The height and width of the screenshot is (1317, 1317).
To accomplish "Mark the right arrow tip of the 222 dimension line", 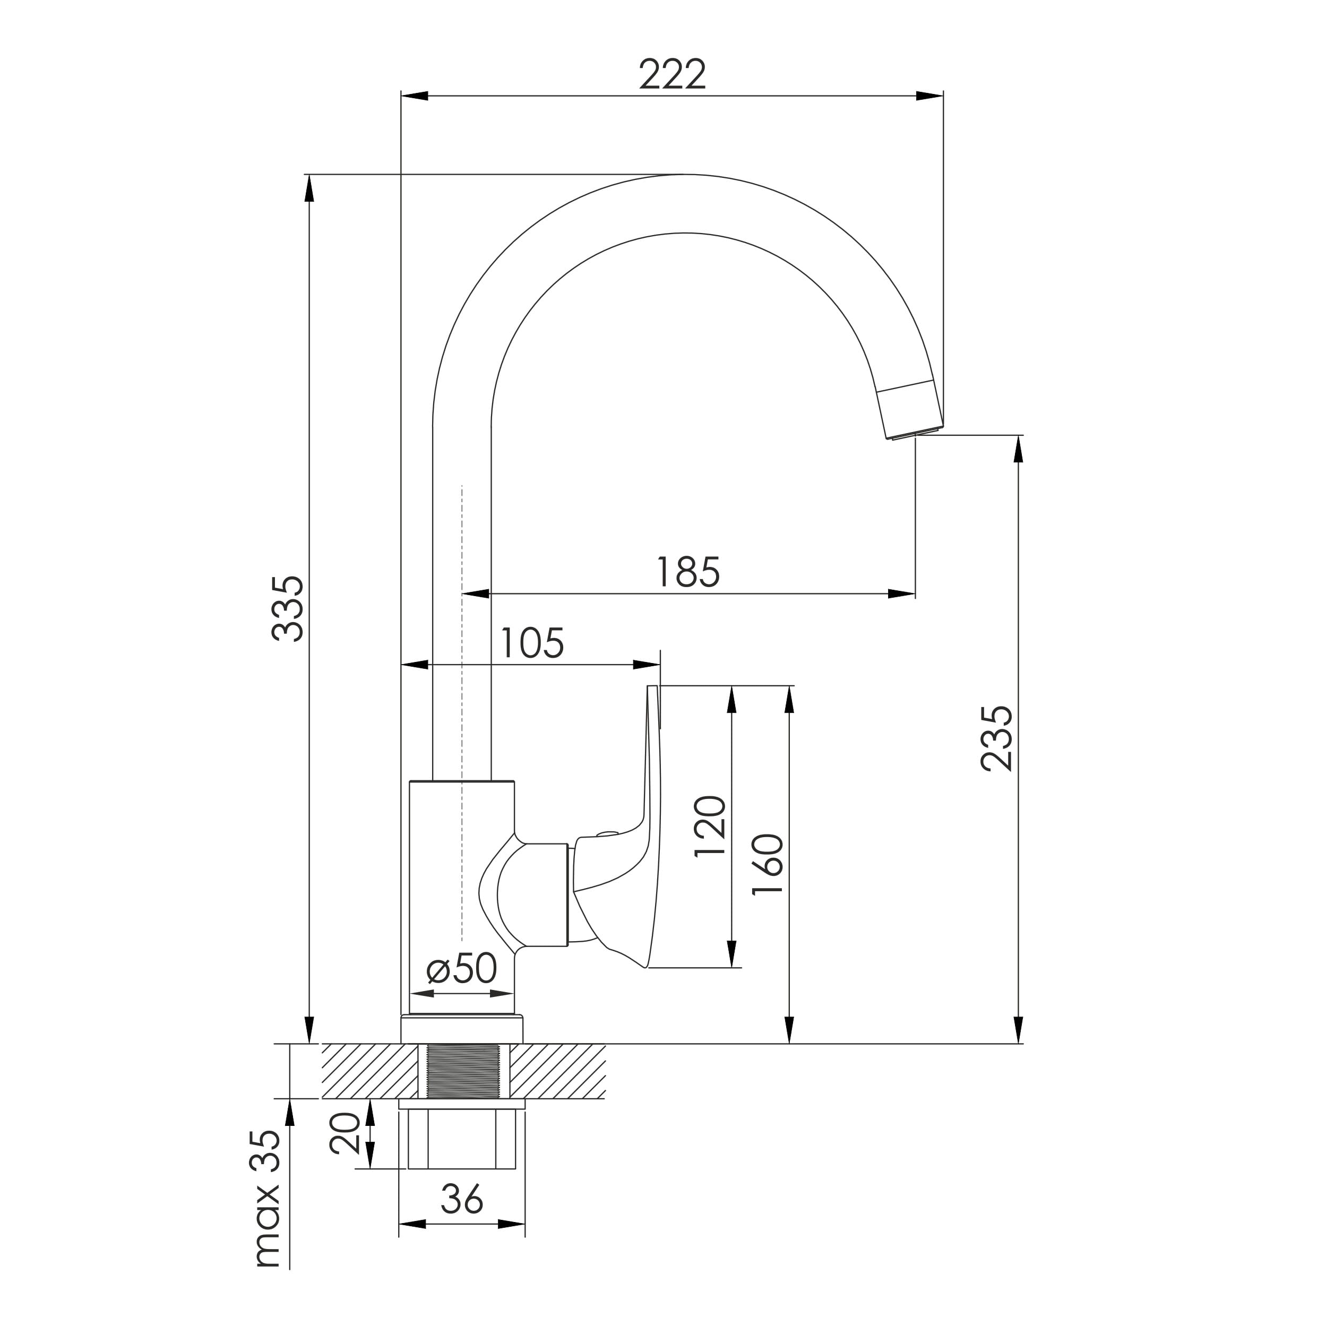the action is point(943,96).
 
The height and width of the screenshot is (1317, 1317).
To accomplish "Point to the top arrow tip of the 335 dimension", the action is point(309,175).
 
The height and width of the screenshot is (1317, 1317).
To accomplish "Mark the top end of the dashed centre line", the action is point(462,485).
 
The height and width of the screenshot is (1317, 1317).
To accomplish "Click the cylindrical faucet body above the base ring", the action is point(461,907).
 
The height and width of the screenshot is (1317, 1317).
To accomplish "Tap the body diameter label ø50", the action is point(461,969).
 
